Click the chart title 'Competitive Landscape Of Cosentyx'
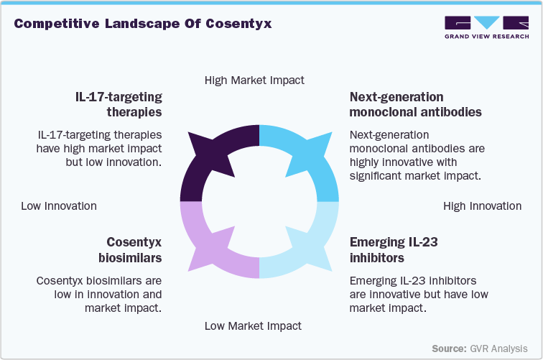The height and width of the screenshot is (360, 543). tap(143, 23)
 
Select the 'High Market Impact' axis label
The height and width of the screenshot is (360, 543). tap(254, 80)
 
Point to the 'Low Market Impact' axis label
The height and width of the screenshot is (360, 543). tap(253, 326)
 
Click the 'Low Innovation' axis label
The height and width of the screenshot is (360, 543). tap(58, 206)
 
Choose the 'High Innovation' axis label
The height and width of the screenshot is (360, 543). tap(482, 206)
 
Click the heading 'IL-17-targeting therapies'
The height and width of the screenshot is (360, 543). tap(119, 104)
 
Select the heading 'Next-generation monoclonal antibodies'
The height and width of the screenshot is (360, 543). tap(415, 104)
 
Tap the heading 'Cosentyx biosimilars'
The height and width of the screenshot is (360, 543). tap(134, 249)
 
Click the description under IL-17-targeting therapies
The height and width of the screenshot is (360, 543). tap(99, 148)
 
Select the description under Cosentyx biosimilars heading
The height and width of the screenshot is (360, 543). tap(99, 294)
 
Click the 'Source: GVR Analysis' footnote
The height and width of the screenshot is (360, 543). tap(479, 348)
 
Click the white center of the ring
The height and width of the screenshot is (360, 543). tap(259, 202)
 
